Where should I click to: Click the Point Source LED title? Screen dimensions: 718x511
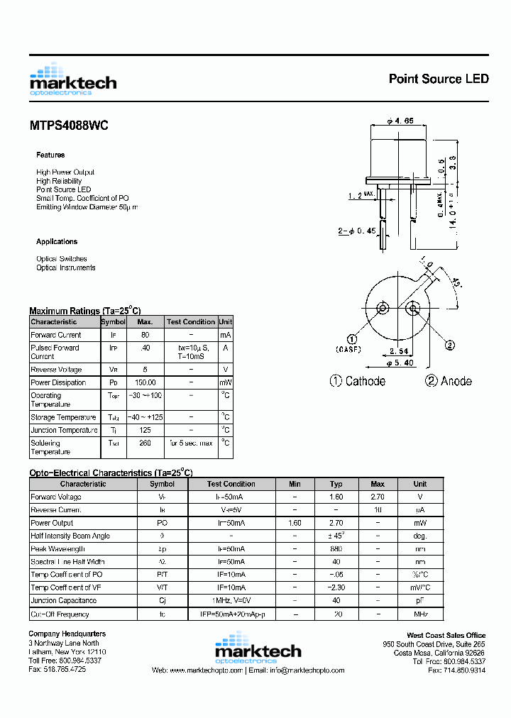click(438, 79)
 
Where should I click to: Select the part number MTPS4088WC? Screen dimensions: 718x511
click(69, 126)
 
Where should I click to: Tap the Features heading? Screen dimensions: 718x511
click(50, 155)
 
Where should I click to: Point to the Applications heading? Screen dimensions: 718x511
click(57, 242)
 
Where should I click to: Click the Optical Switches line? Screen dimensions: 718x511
click(62, 259)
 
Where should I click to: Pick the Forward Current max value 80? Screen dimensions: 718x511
click(145, 335)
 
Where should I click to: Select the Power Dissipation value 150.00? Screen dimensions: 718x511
click(145, 382)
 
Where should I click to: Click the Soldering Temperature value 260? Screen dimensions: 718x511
click(145, 443)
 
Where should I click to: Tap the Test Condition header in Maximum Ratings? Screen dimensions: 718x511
click(190, 322)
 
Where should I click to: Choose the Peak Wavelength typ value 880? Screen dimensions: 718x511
click(336, 549)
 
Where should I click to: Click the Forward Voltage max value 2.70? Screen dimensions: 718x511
click(378, 497)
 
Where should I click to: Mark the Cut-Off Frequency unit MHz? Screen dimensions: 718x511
click(420, 614)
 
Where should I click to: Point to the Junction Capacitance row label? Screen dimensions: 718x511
click(64, 601)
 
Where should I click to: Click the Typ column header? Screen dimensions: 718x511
click(336, 484)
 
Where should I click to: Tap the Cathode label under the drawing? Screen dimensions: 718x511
click(358, 381)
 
